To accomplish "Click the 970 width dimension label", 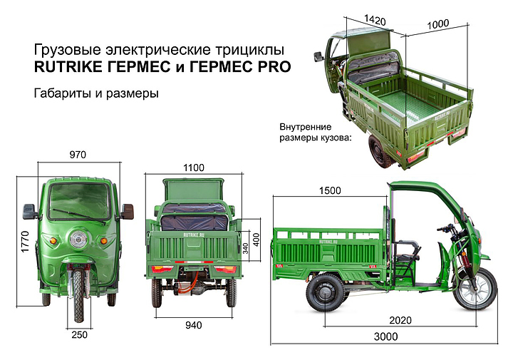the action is click(x=78, y=155).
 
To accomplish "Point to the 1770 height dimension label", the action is click(x=25, y=242).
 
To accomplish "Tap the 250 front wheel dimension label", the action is click(x=80, y=335).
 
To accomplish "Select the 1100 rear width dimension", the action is click(x=194, y=168).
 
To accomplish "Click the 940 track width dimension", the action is click(x=194, y=325).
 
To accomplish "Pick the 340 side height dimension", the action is click(x=245, y=248).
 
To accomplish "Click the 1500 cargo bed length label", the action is click(x=330, y=190).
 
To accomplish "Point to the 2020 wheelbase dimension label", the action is click(x=400, y=320).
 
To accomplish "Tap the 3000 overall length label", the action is click(x=386, y=336).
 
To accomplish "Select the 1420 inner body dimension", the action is click(x=375, y=20).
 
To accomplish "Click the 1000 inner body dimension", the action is click(x=438, y=24).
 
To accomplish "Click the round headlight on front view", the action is click(x=78, y=240).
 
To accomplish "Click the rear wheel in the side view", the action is click(x=326, y=292).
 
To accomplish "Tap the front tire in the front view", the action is click(x=78, y=295).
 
